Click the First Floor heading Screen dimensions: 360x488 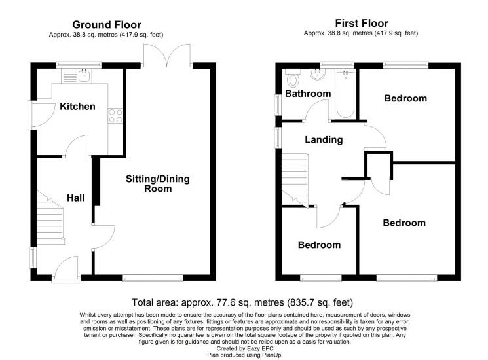tap(361, 24)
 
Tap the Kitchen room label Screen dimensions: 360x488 tap(78, 107)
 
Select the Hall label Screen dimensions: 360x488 tap(75, 197)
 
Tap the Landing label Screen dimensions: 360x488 tap(324, 140)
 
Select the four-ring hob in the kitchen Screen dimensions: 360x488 tap(116, 116)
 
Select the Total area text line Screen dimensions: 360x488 tap(243, 302)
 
